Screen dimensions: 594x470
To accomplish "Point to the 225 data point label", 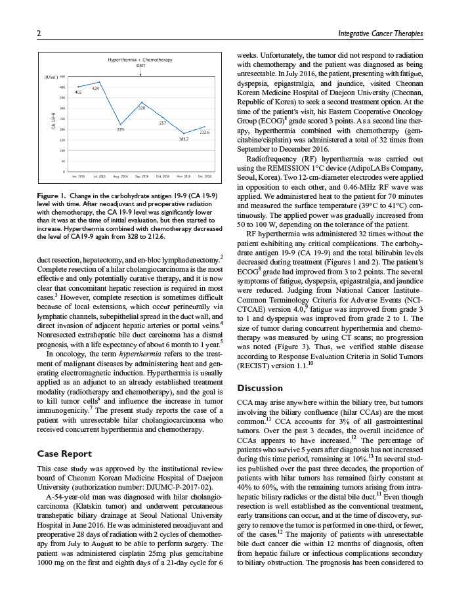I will tap(120, 129).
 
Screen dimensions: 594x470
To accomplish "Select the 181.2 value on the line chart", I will tap(184, 139).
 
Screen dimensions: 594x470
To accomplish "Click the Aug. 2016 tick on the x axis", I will tap(120, 177).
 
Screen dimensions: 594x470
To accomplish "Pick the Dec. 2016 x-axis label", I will tap(204, 177).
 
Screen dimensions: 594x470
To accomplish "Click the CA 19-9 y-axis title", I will tap(53, 124).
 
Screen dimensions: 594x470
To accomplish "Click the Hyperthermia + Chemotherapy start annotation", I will tap(140, 63).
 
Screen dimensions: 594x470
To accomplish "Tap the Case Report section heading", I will tap(64, 454).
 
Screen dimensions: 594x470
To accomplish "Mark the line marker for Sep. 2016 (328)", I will tap(141, 103).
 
